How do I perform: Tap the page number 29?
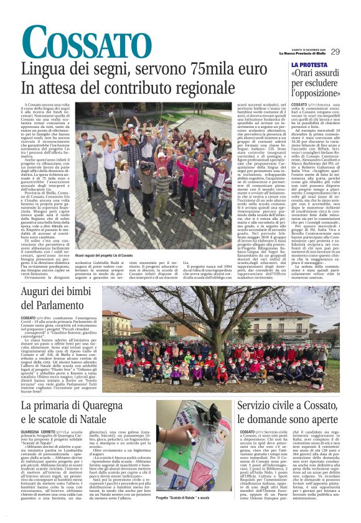335,52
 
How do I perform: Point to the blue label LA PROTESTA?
309,65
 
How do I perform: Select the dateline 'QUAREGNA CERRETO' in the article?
39,430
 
